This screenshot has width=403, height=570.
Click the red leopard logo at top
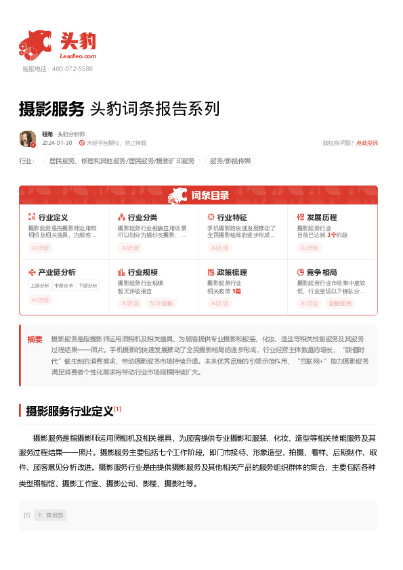tap(35, 45)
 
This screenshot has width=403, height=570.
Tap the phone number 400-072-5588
tap(72, 69)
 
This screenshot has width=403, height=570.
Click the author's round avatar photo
tap(28, 139)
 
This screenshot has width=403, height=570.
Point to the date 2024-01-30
tap(57, 144)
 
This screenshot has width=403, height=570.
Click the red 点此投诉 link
tap(367, 144)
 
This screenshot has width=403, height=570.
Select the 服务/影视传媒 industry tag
tap(230, 161)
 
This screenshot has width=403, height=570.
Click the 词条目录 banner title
tap(209, 196)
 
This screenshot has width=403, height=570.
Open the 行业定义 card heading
tap(53, 217)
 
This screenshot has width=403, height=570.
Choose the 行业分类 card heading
tap(142, 217)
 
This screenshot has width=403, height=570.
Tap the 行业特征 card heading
tap(232, 217)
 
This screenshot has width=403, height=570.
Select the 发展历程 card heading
tap(321, 217)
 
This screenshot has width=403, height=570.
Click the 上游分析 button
tap(39, 285)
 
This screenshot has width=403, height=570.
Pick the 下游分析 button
tap(87, 285)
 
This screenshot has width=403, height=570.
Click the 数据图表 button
tap(340, 303)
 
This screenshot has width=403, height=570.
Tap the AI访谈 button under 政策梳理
tap(220, 303)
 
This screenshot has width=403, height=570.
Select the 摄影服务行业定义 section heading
tap(69, 411)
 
